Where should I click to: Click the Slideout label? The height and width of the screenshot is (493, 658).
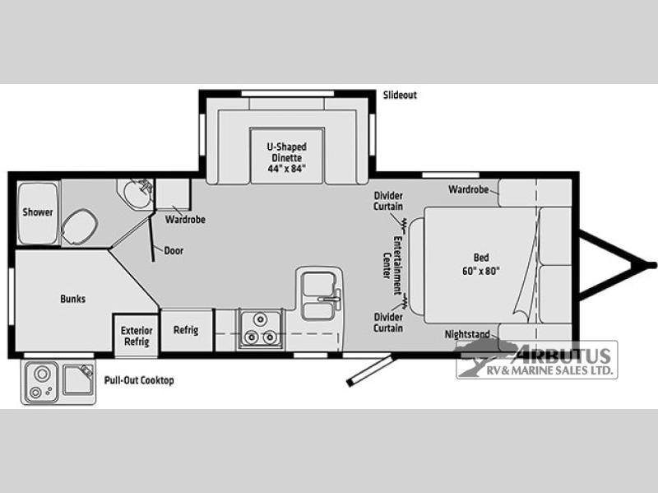(400, 95)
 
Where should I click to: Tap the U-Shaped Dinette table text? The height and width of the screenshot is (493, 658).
(287, 158)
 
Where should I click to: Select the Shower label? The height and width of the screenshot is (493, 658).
(38, 212)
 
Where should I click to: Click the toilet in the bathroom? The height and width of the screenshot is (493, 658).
(79, 227)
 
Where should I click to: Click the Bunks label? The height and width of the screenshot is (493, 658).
(73, 299)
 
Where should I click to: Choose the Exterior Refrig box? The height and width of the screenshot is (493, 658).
(137, 336)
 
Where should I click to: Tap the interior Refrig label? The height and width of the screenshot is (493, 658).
(186, 330)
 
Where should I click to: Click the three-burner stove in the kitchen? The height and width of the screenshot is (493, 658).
(261, 329)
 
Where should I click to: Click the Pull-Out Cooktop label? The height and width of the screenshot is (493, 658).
(139, 380)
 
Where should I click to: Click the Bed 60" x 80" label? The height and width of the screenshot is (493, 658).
(481, 264)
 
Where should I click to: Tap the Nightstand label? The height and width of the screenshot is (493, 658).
(467, 334)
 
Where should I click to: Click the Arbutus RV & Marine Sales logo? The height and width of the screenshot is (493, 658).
(537, 360)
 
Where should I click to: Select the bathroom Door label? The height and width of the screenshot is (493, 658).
(174, 251)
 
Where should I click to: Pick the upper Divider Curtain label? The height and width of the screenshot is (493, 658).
(388, 201)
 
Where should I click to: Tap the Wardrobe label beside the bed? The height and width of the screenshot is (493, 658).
(468, 189)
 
